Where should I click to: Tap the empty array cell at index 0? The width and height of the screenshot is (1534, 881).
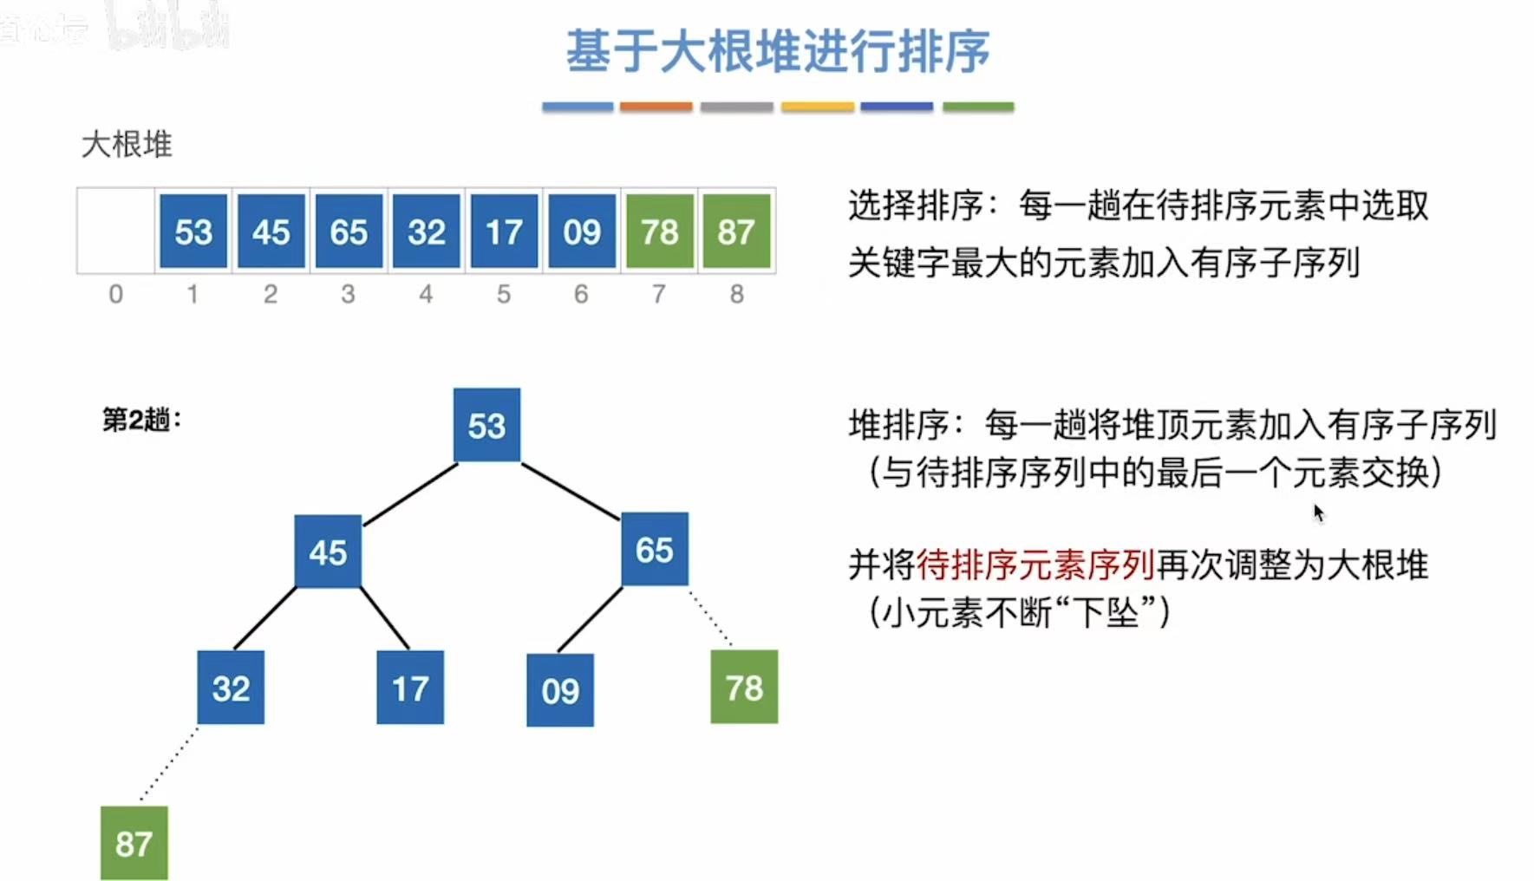click(115, 231)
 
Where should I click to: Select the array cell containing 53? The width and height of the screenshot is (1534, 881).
click(193, 232)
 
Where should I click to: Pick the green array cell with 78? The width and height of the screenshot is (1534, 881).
click(659, 232)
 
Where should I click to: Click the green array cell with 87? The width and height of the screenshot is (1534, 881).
click(736, 232)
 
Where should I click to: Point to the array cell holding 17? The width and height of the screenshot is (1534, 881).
click(504, 232)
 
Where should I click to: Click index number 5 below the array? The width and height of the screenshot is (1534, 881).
click(504, 295)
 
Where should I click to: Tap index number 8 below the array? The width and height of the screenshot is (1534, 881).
click(736, 295)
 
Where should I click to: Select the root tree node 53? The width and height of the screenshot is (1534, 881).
click(486, 425)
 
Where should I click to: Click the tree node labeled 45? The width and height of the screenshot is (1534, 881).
click(328, 551)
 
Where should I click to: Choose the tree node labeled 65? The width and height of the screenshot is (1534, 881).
click(655, 549)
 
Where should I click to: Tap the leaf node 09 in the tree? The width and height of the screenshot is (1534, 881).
click(560, 690)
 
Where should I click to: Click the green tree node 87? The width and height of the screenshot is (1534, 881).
click(134, 843)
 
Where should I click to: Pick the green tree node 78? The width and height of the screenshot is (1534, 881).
click(744, 687)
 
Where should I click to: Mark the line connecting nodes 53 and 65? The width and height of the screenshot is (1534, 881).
click(571, 491)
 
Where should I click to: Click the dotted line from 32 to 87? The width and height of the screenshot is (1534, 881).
click(169, 764)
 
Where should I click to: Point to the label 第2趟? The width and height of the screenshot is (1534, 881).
click(142, 420)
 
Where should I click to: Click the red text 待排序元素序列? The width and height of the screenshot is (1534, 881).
click(1035, 565)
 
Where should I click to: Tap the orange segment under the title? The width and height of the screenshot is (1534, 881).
click(656, 107)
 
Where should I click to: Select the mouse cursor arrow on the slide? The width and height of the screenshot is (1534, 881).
click(1319, 513)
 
